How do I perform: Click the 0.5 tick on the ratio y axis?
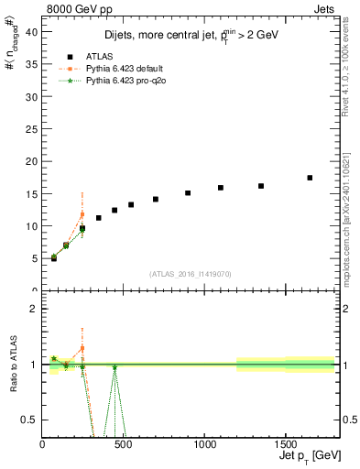coord(33,420)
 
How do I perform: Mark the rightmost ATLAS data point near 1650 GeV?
coord(310,178)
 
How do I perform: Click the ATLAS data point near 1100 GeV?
coord(221,188)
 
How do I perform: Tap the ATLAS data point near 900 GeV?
coord(188,193)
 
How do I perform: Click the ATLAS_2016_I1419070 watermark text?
coord(190,273)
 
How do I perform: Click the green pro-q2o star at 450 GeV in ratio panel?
coord(115,367)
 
